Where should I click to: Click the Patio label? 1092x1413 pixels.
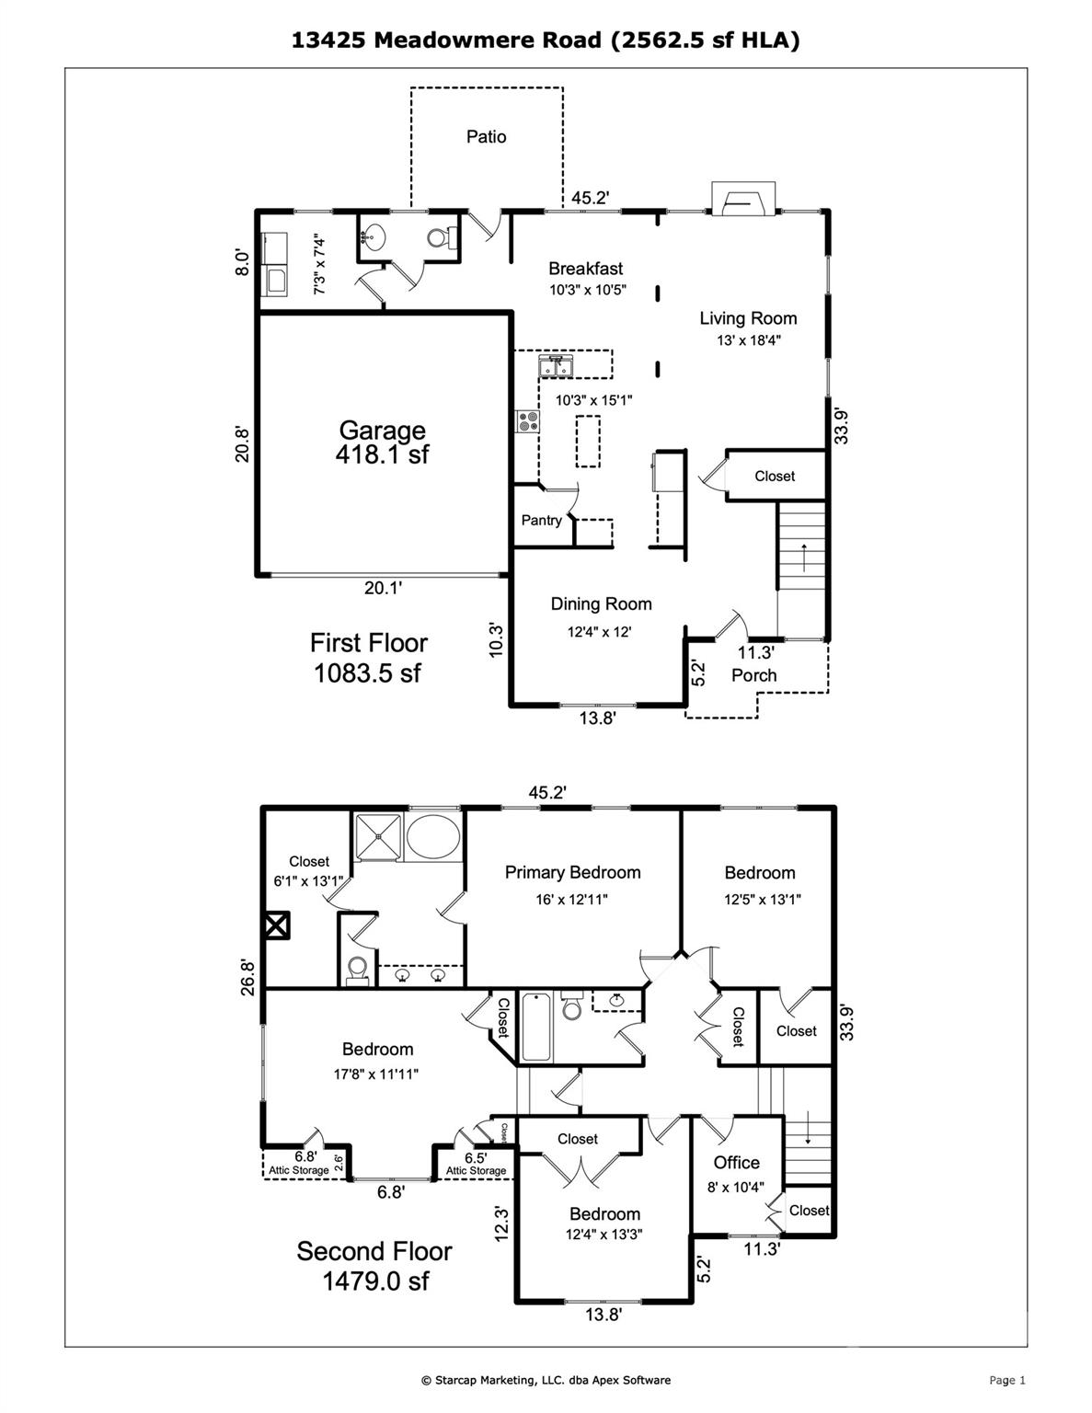click(x=486, y=137)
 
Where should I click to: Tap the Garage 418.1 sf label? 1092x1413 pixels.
click(x=382, y=442)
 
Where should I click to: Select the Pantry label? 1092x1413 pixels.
click(x=541, y=521)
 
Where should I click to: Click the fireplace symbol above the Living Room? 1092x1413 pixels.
click(x=744, y=199)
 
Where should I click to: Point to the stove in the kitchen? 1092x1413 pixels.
click(x=528, y=422)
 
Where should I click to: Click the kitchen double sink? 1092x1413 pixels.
click(x=557, y=366)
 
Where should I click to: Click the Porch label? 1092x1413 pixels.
click(x=753, y=675)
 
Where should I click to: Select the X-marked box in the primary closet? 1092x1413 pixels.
click(x=276, y=925)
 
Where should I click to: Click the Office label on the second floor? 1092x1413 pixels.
click(x=736, y=1163)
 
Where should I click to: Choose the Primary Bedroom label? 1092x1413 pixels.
click(x=572, y=872)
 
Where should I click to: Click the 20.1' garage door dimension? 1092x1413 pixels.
click(x=383, y=589)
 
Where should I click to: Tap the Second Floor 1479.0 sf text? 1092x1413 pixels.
click(x=374, y=1266)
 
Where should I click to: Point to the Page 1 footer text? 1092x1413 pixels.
click(x=1006, y=1380)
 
